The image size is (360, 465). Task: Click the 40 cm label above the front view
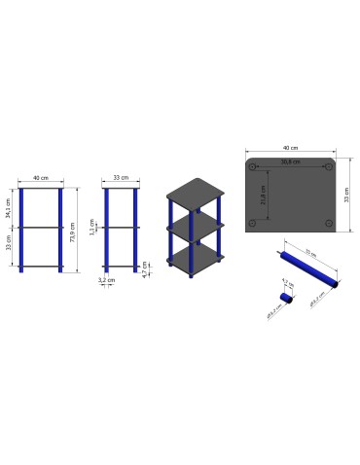pos(40,179)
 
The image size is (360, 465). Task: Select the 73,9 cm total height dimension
pos(74,230)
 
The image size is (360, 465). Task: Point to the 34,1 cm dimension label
pos(9,207)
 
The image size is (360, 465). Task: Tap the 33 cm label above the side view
pos(122,179)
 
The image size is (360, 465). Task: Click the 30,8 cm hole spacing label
pos(288,161)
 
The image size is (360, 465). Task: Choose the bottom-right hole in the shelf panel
pos(329,224)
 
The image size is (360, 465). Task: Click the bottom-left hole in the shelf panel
pos(254,224)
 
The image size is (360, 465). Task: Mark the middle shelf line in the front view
pos(40,228)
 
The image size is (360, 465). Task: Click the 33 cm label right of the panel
pos(346,195)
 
